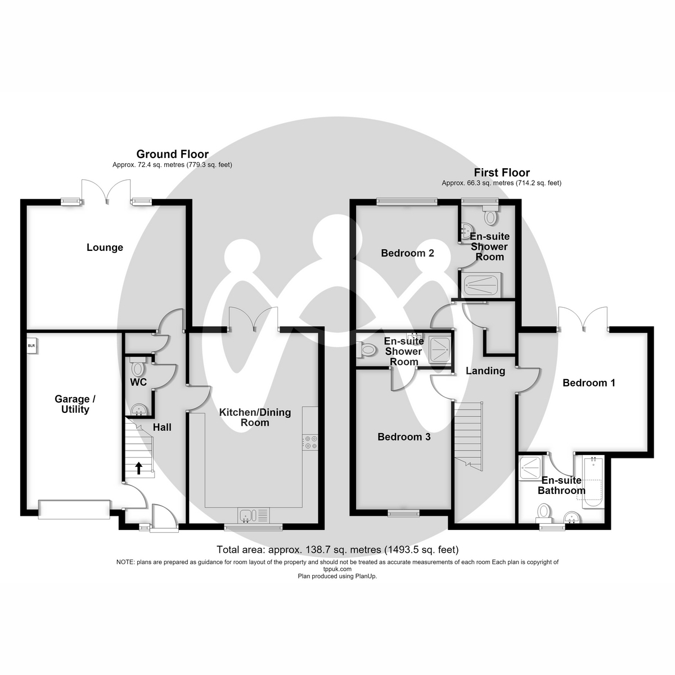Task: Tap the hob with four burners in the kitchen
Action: tap(310, 443)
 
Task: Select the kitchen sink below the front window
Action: tap(254, 516)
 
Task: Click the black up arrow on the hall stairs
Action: tap(139, 468)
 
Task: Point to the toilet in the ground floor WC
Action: tap(137, 366)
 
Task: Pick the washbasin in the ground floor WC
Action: tap(139, 409)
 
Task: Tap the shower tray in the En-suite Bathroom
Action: tap(530, 468)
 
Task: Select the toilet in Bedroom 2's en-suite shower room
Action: tap(490, 215)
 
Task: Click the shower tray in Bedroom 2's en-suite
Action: tap(481, 285)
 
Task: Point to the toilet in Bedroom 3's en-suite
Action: tap(366, 349)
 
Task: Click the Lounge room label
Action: tap(105, 247)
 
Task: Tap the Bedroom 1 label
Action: tap(589, 383)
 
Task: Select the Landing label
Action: tap(485, 371)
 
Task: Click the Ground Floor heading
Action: tap(172, 154)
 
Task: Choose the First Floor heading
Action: tap(502, 172)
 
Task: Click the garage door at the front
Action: tap(74, 509)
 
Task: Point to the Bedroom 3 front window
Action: tap(403, 513)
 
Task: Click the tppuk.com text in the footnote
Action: tap(337, 569)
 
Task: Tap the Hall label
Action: tap(162, 427)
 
